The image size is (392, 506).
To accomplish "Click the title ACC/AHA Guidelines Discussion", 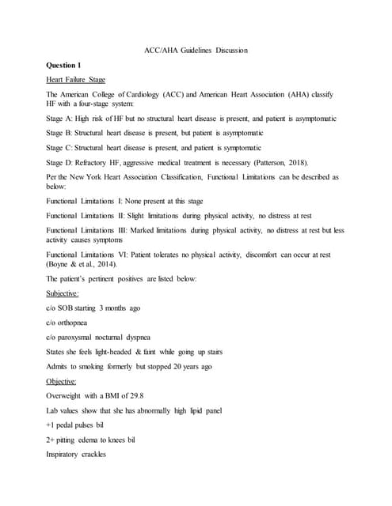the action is pyautogui.click(x=196, y=51).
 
